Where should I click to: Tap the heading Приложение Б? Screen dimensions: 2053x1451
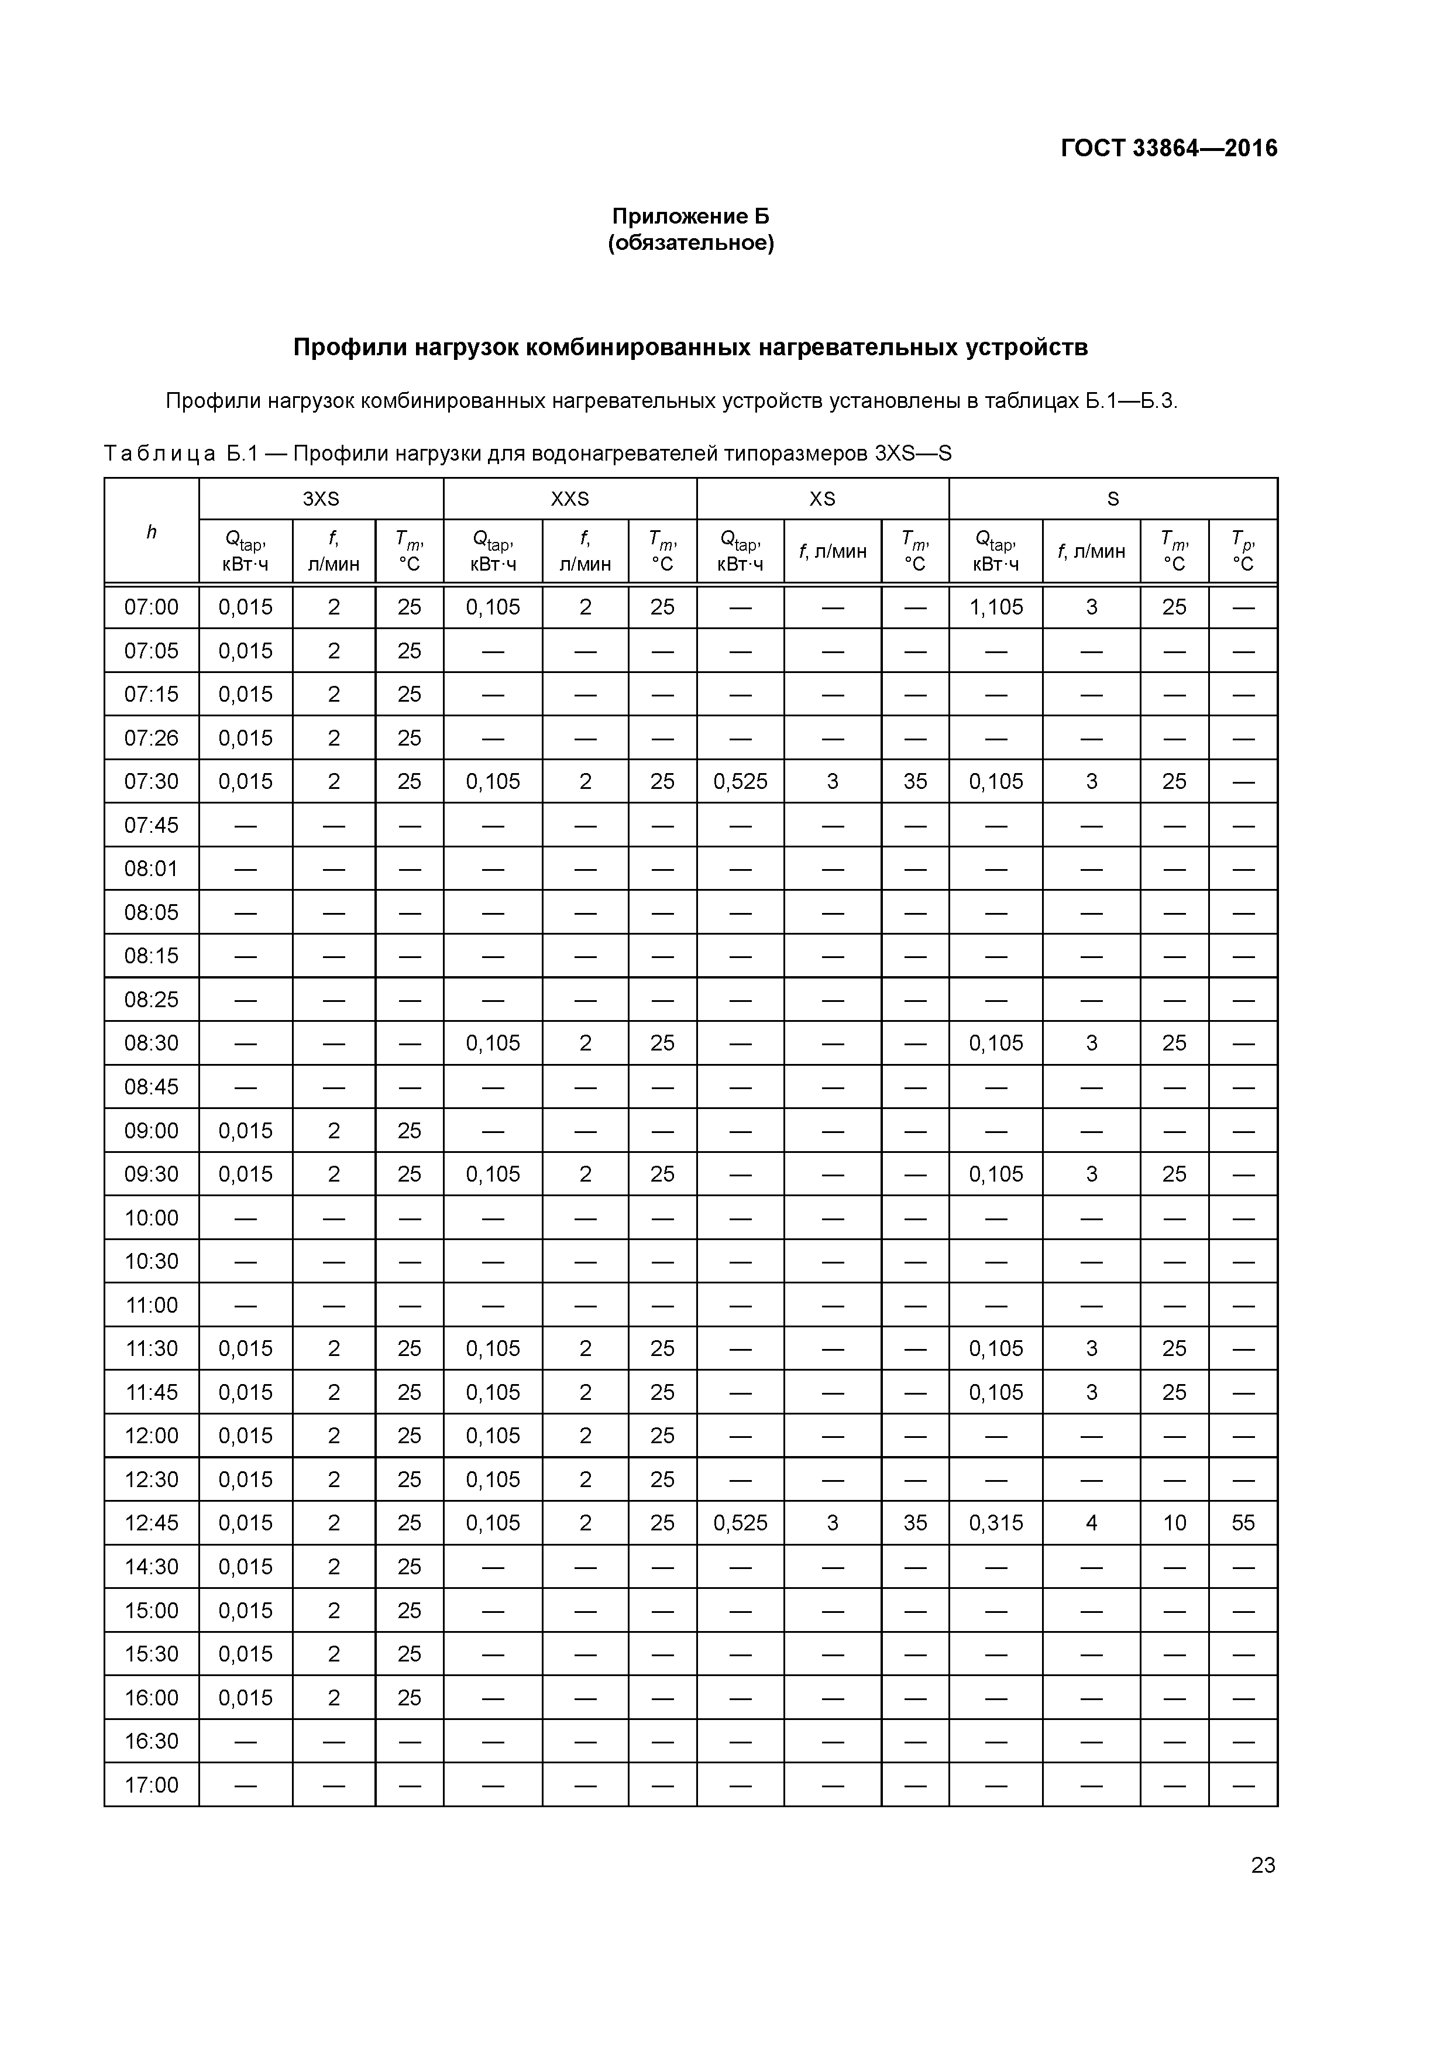pos(690,217)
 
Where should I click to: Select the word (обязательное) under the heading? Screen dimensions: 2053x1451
pos(690,243)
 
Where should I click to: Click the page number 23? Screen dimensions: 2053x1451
pos(1263,1865)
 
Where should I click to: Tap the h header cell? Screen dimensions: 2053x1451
pos(151,532)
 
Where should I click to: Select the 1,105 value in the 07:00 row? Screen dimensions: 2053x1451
pos(996,607)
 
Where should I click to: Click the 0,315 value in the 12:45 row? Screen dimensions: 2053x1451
pos(996,1523)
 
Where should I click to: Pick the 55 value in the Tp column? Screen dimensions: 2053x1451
pos(1243,1523)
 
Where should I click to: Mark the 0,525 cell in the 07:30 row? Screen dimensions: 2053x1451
pos(740,781)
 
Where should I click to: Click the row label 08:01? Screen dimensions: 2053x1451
pos(151,868)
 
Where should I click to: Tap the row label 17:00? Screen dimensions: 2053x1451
pos(151,1785)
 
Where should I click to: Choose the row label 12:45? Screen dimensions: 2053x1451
pos(151,1523)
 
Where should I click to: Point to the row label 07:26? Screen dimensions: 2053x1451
pos(151,737)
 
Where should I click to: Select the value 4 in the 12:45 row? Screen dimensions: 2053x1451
pos(1091,1523)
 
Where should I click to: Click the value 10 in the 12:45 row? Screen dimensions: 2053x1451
pos(1174,1523)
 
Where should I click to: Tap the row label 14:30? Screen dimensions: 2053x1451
pos(151,1567)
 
